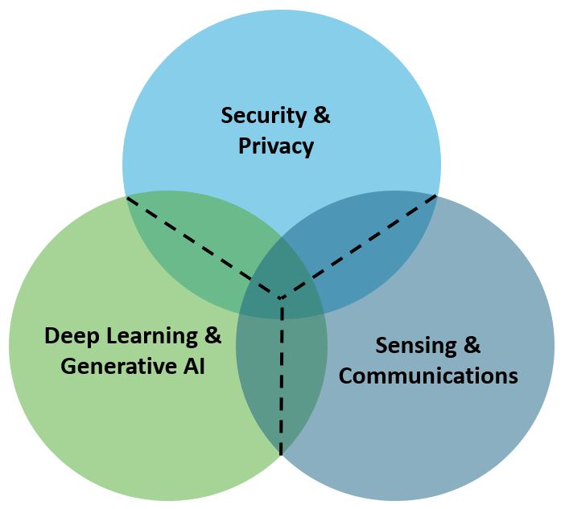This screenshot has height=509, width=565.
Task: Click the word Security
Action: click(263, 115)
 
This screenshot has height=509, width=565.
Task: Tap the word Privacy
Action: click(276, 146)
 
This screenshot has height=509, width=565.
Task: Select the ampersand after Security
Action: click(320, 115)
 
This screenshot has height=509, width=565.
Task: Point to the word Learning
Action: click(153, 335)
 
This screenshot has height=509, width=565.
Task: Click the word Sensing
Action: click(414, 346)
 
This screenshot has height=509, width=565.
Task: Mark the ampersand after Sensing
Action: click(472, 346)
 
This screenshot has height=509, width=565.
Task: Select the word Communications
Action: click(428, 376)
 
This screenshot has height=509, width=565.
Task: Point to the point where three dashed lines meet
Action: click(281, 298)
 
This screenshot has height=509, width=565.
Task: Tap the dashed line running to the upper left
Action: click(201, 246)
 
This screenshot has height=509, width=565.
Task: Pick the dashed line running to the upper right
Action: click(362, 245)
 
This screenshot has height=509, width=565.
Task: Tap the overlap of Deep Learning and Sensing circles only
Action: click(282, 386)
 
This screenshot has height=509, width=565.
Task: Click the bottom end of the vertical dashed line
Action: click(281, 454)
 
